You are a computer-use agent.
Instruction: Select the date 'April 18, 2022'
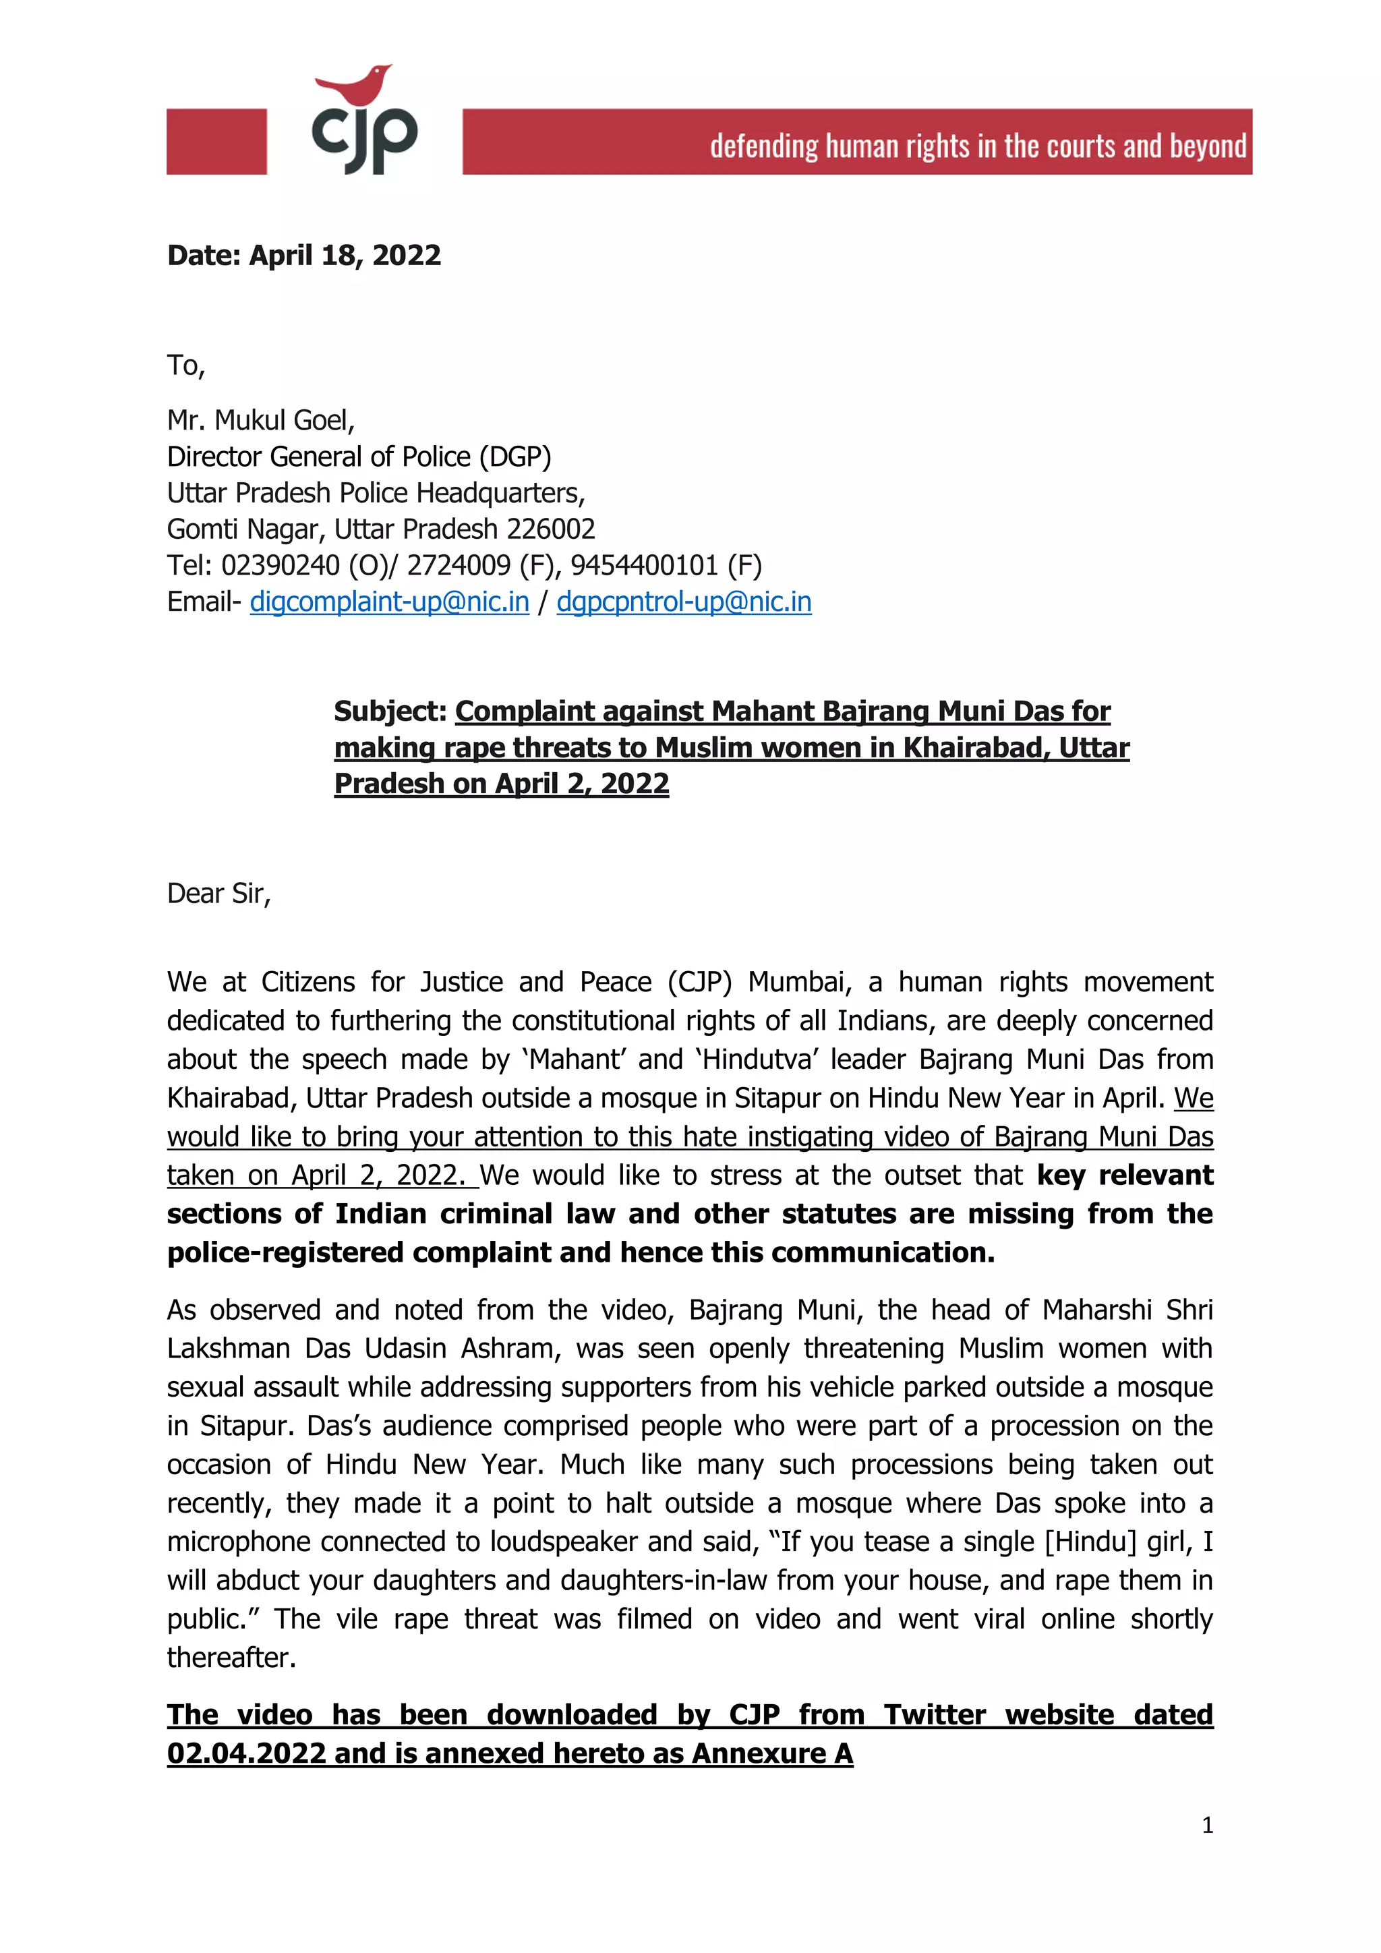point(345,255)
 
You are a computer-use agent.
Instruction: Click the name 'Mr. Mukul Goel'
point(260,420)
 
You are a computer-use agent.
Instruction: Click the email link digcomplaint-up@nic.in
point(390,602)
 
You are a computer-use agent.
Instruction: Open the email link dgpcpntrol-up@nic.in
point(684,602)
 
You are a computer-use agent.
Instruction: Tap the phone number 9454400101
point(644,565)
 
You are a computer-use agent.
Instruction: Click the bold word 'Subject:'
point(390,711)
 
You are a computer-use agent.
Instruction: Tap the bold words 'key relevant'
point(1124,1175)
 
